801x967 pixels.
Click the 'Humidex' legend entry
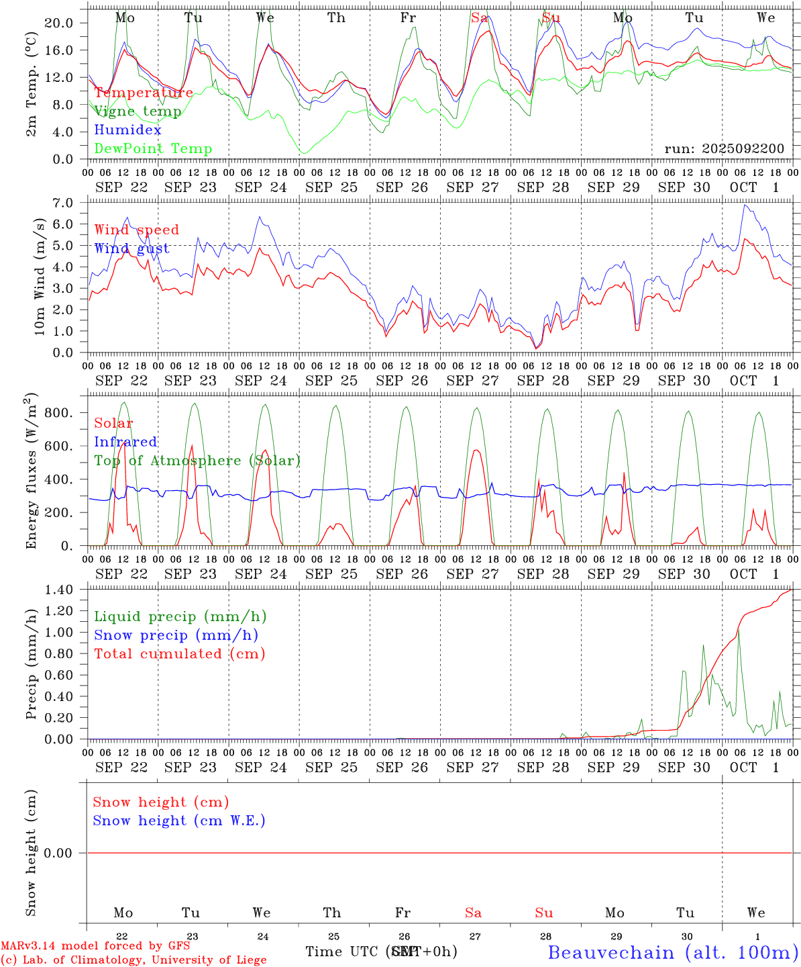(x=127, y=130)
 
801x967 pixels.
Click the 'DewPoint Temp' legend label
(x=153, y=149)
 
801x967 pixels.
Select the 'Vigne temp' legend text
(x=138, y=111)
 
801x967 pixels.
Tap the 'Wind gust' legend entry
(x=131, y=248)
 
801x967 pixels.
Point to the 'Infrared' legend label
(x=125, y=442)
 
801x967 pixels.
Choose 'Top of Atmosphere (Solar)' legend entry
(x=197, y=461)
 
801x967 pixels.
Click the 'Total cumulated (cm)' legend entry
(x=179, y=654)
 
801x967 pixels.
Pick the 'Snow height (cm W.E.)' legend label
(x=179, y=821)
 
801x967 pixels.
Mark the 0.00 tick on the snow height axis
(x=58, y=853)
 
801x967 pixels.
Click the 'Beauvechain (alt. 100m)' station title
(x=673, y=952)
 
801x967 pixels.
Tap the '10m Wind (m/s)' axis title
(x=40, y=277)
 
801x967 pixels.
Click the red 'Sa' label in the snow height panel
(x=473, y=913)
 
